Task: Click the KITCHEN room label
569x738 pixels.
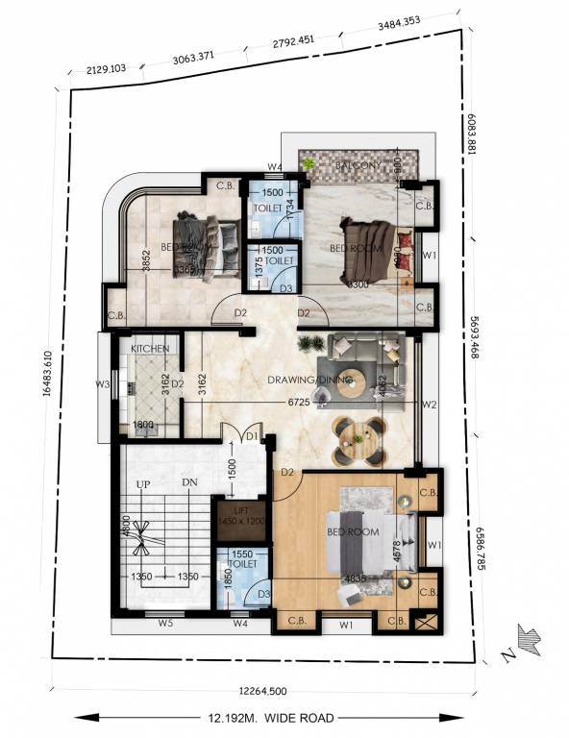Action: point(151,348)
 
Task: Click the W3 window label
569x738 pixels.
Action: point(103,385)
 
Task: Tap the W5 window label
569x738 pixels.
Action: point(165,625)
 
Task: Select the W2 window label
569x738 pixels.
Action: point(431,405)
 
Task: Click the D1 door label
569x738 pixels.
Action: point(251,437)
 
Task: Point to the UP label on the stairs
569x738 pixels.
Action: point(143,483)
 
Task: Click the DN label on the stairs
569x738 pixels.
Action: point(189,483)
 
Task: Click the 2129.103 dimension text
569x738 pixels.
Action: point(107,69)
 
